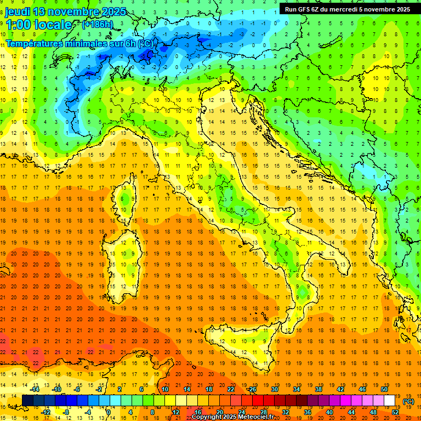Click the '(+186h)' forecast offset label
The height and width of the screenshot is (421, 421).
(x=98, y=25)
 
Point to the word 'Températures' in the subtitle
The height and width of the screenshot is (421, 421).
(x=38, y=43)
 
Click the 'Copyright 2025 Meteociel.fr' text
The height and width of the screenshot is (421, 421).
(x=237, y=417)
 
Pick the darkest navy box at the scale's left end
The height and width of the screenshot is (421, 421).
(x=27, y=401)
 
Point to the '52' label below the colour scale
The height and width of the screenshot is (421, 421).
(x=395, y=412)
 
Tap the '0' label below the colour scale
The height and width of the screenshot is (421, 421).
(x=108, y=412)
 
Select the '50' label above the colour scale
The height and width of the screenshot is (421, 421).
(x=384, y=389)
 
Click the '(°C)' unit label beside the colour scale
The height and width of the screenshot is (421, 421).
(x=408, y=401)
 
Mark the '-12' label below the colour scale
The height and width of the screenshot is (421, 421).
(x=45, y=412)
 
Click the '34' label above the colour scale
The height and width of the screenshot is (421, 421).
(x=297, y=389)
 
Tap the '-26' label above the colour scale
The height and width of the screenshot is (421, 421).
(x=252, y=389)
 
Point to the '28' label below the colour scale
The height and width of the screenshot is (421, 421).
(x=263, y=412)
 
